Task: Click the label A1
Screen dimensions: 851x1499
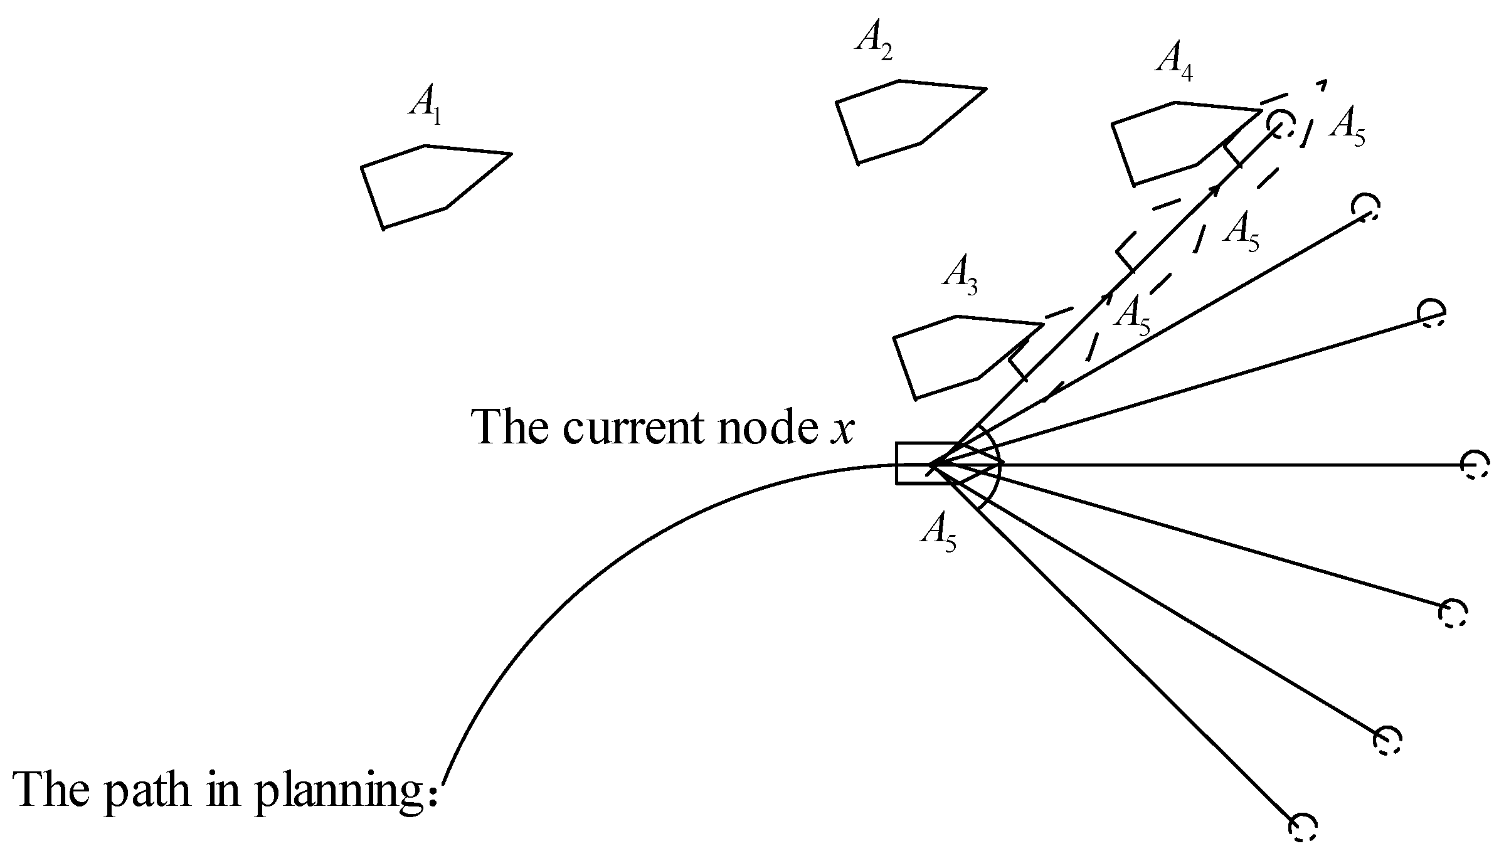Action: tap(425, 104)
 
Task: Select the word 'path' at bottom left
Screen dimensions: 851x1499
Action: tap(147, 791)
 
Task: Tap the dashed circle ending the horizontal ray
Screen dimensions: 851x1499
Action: tap(1473, 465)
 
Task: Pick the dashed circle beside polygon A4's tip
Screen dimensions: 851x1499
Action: tap(1279, 123)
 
